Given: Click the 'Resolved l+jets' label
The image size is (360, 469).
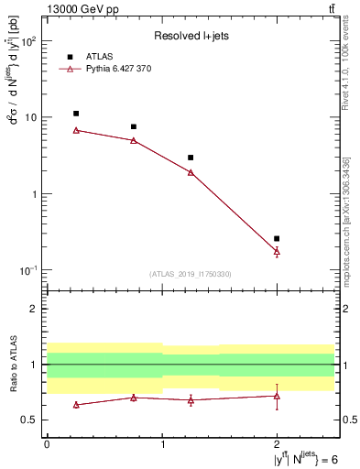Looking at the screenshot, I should (x=191, y=36).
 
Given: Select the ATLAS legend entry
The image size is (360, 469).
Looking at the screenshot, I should (x=97, y=56).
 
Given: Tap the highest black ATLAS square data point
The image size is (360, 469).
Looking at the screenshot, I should (x=76, y=114).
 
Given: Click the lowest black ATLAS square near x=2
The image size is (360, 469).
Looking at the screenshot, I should (x=277, y=238).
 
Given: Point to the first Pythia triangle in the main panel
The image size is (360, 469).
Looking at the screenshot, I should (x=76, y=130).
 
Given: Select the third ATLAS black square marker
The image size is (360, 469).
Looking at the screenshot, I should (x=191, y=158).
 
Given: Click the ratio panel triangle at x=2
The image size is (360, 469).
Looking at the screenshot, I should (x=277, y=396).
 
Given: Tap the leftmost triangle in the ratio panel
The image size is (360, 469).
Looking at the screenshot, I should (x=76, y=404).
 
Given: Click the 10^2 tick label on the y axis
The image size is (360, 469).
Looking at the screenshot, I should (x=29, y=42).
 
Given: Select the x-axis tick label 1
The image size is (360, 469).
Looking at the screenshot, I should (x=162, y=444).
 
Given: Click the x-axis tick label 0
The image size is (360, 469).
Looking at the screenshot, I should (x=47, y=444).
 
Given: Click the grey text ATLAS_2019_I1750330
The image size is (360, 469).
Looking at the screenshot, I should (x=191, y=274).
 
